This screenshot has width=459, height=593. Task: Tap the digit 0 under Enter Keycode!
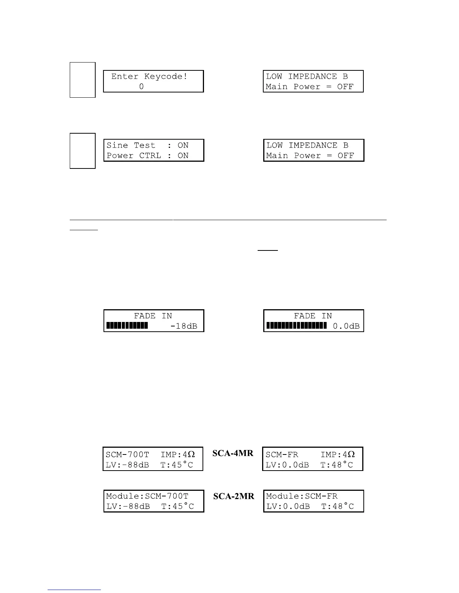[x=141, y=86]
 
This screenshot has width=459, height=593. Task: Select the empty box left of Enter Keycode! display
[x=82, y=80]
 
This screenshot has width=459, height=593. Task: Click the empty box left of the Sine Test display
[x=82, y=150]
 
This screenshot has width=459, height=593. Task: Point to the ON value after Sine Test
[x=183, y=145]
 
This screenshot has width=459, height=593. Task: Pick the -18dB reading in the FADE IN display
[x=184, y=326]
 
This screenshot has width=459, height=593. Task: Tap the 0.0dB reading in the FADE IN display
[x=346, y=326]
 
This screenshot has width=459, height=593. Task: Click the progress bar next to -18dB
[x=127, y=326]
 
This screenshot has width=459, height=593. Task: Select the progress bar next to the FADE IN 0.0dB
[x=296, y=326]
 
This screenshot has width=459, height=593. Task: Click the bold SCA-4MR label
[x=233, y=453]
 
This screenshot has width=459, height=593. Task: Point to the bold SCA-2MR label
[x=234, y=496]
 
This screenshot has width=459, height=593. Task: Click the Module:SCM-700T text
[x=147, y=496]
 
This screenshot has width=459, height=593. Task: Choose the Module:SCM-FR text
[x=302, y=496]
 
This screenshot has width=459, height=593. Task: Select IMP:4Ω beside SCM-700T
[x=178, y=454]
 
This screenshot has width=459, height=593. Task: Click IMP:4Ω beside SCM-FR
[x=337, y=454]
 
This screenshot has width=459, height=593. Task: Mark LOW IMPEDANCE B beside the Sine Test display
[x=307, y=145]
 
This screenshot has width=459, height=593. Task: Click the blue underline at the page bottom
[x=74, y=590]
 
